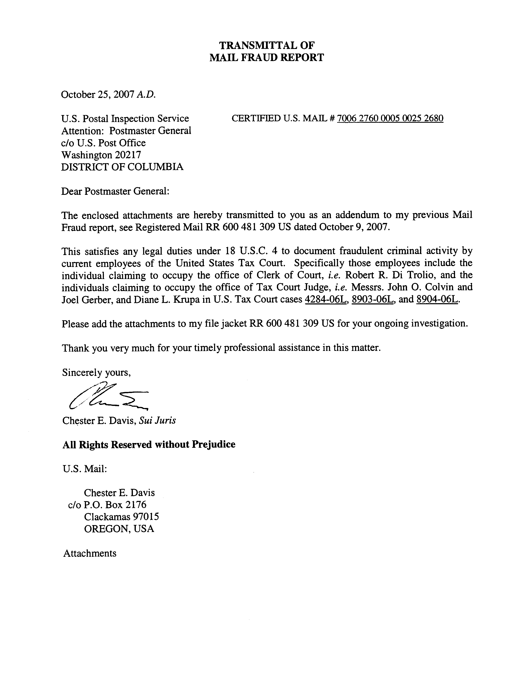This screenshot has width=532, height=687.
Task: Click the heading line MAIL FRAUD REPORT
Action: tap(266, 58)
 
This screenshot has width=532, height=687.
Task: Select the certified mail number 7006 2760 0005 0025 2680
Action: tap(390, 118)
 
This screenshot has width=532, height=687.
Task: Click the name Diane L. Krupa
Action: tap(167, 299)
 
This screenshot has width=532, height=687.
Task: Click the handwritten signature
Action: tap(107, 397)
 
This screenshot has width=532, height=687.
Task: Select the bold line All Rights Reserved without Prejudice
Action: tap(149, 444)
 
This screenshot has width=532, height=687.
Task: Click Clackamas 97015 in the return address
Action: tap(121, 517)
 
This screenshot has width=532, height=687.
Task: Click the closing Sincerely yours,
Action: tap(96, 373)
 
